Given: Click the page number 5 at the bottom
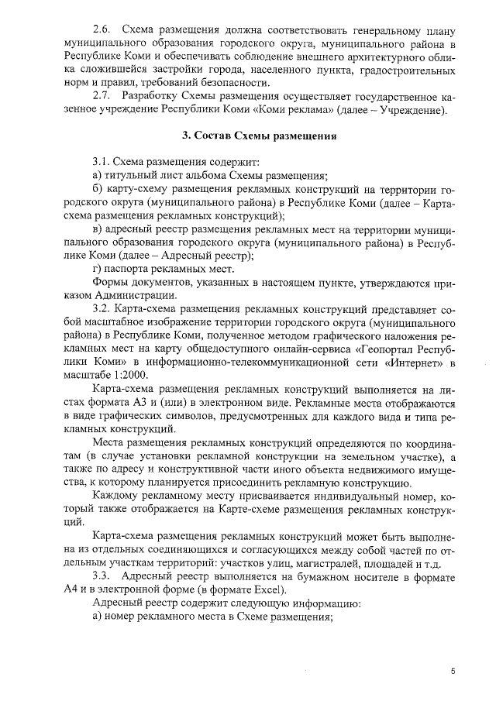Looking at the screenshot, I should [453, 672].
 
